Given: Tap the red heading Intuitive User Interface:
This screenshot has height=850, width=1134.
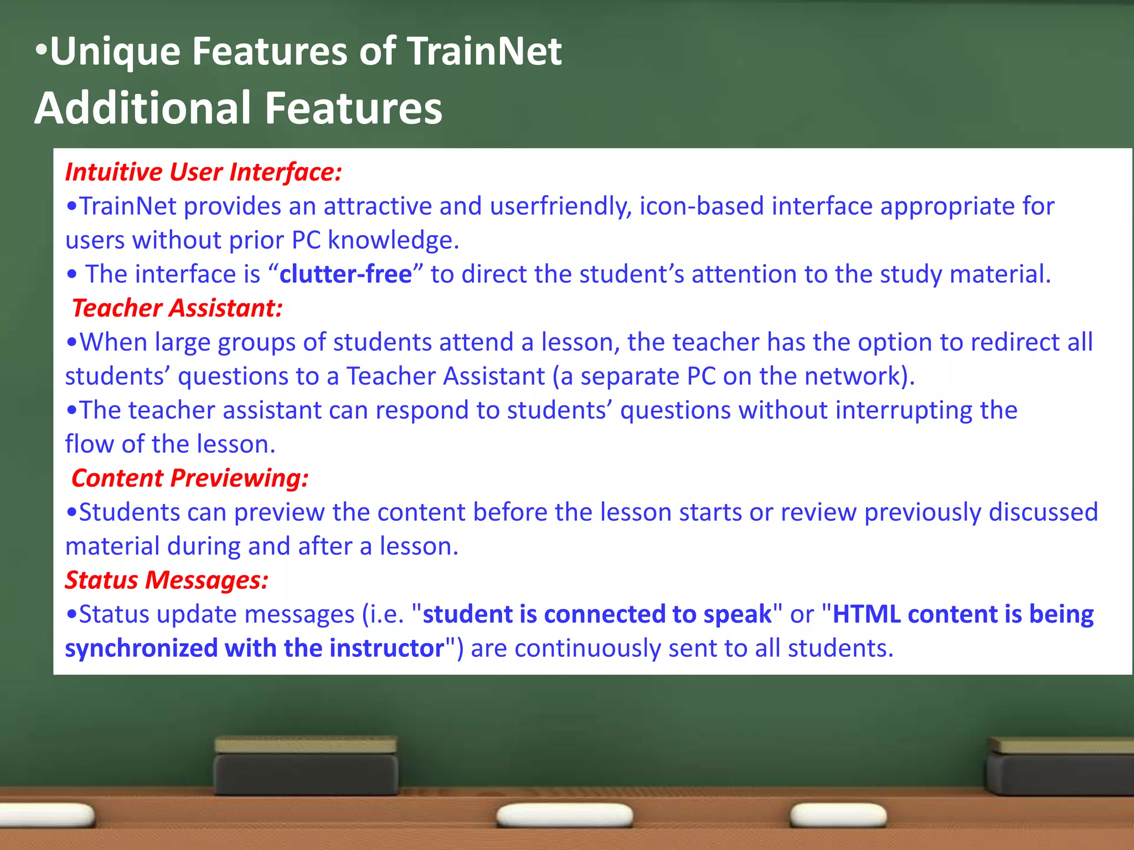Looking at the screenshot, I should [x=203, y=172].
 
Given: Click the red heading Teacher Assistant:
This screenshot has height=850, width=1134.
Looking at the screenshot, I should [x=177, y=308].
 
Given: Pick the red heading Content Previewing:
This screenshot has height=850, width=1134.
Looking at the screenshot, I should [x=189, y=478].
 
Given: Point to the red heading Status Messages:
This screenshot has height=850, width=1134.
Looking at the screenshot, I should [x=166, y=580].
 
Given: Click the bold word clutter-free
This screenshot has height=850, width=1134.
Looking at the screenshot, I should [x=346, y=274].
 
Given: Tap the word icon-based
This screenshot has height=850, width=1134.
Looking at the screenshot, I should [x=702, y=206].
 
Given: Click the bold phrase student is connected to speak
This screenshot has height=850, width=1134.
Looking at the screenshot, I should [x=597, y=614].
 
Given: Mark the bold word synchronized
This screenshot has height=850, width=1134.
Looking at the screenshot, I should [x=141, y=649].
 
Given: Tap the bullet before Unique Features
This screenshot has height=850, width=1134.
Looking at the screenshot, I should [x=41, y=51].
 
